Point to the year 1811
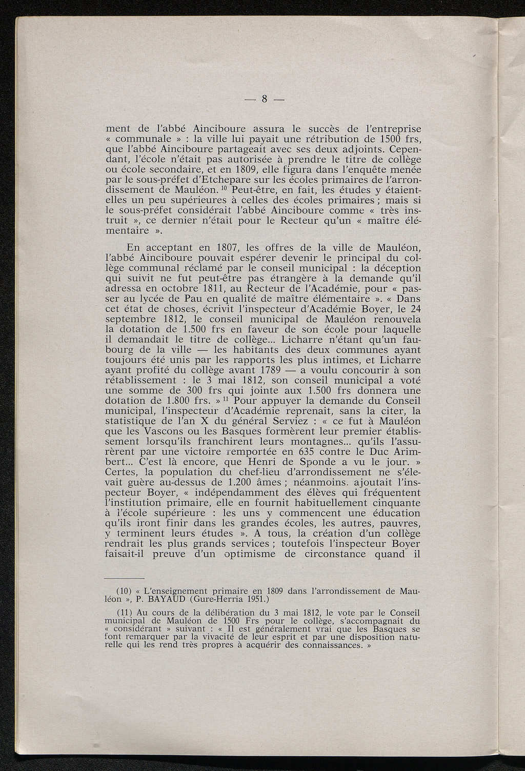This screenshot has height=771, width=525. [217, 288]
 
